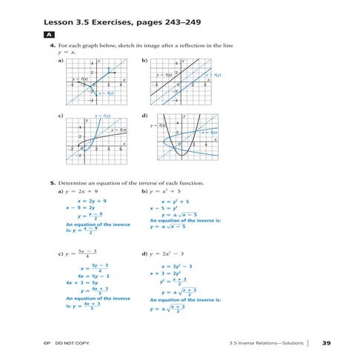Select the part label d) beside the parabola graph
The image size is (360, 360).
click(x=144, y=116)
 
